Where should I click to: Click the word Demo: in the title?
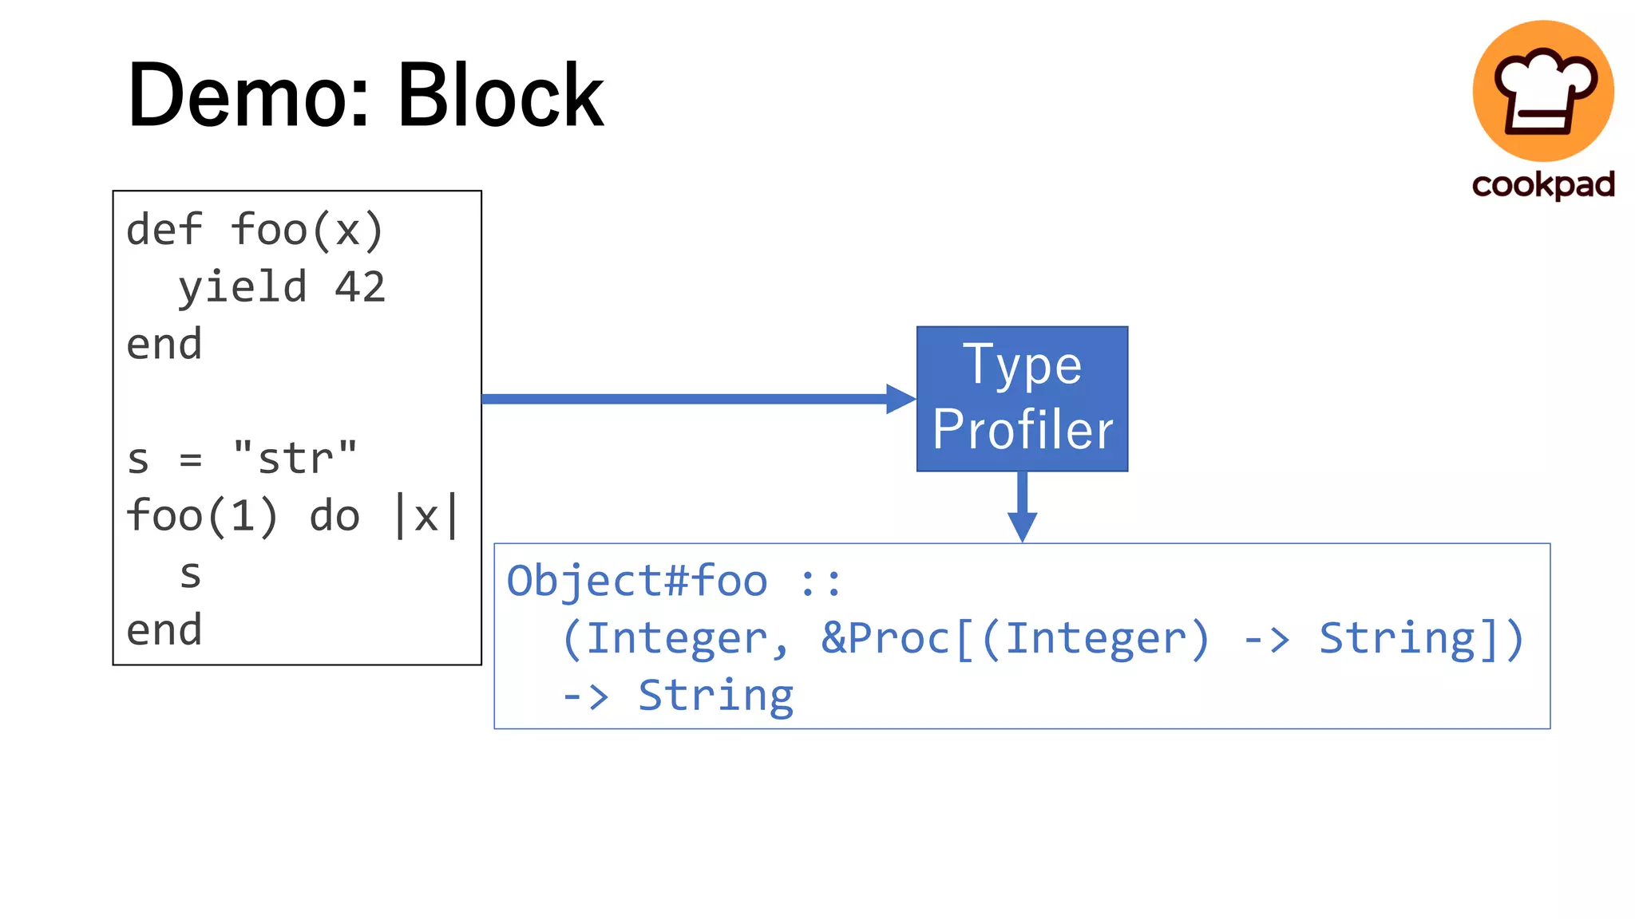248,96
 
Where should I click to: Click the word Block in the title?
501,96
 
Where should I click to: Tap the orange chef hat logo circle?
1542,90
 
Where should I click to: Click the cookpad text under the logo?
1542,185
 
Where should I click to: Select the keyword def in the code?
164,231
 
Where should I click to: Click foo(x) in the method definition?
307,231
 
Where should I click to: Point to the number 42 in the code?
360,287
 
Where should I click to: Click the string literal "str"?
295,459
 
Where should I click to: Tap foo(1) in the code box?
202,516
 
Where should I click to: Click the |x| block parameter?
427,516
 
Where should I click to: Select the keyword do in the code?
335,516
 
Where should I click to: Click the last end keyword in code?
164,630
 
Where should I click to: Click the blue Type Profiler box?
1022,398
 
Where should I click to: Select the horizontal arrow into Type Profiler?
695,399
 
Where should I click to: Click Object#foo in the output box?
637,581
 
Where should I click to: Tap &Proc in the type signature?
885,638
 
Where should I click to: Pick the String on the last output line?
715,696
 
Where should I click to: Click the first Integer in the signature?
676,638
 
